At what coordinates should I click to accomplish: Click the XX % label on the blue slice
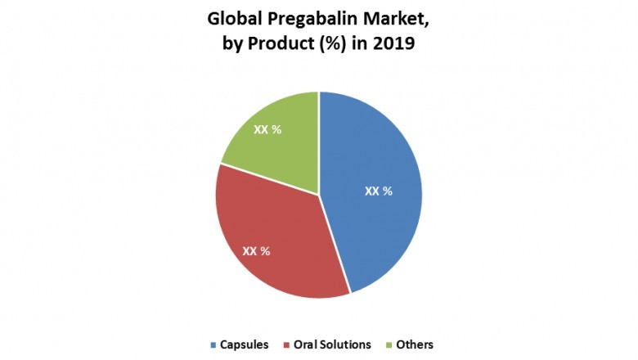tap(378, 191)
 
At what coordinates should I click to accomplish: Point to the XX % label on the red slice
tap(256, 251)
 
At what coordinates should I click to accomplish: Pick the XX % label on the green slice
tap(267, 130)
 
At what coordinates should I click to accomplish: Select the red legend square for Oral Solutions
tap(285, 344)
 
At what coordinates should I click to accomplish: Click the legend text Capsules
tap(245, 344)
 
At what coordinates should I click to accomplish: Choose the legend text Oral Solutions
tap(333, 344)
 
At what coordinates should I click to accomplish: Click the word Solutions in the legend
tap(346, 344)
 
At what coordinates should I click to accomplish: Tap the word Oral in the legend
tap(307, 344)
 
